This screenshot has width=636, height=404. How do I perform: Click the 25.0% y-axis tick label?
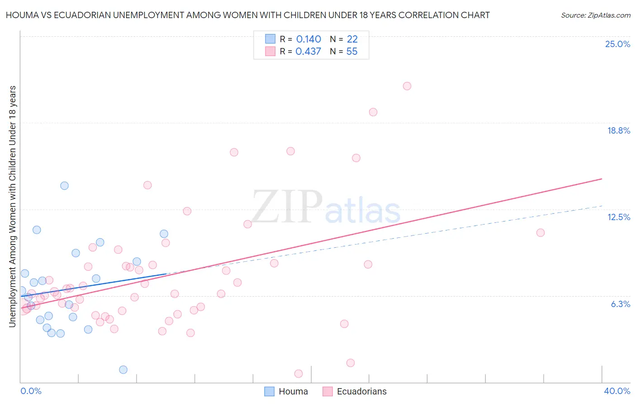click(x=617, y=44)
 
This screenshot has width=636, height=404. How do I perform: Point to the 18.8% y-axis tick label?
click(x=618, y=130)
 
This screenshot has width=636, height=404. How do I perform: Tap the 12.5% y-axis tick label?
click(x=618, y=217)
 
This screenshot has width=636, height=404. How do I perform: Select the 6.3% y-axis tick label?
click(x=620, y=304)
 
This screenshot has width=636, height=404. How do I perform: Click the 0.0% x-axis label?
click(x=31, y=391)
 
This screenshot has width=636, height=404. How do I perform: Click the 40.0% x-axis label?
click(x=617, y=391)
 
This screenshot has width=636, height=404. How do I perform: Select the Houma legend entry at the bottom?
click(x=286, y=391)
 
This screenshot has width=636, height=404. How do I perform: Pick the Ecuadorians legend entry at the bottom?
click(x=355, y=391)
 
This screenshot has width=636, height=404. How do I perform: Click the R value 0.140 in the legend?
click(x=309, y=39)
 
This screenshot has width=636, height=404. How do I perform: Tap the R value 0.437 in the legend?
click(x=308, y=52)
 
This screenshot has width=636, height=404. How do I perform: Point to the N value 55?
click(x=351, y=52)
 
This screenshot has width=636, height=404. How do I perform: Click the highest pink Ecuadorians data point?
click(x=407, y=86)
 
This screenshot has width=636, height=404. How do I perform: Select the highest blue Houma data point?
click(x=64, y=186)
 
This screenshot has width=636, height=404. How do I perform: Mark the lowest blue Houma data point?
click(x=123, y=370)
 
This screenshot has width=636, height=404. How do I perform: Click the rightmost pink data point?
click(x=540, y=233)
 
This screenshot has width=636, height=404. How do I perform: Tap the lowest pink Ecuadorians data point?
click(x=299, y=374)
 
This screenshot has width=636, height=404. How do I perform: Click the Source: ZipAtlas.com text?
click(x=595, y=15)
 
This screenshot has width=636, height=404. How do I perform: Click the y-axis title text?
click(x=12, y=206)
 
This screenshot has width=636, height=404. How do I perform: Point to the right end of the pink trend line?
click(x=602, y=179)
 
